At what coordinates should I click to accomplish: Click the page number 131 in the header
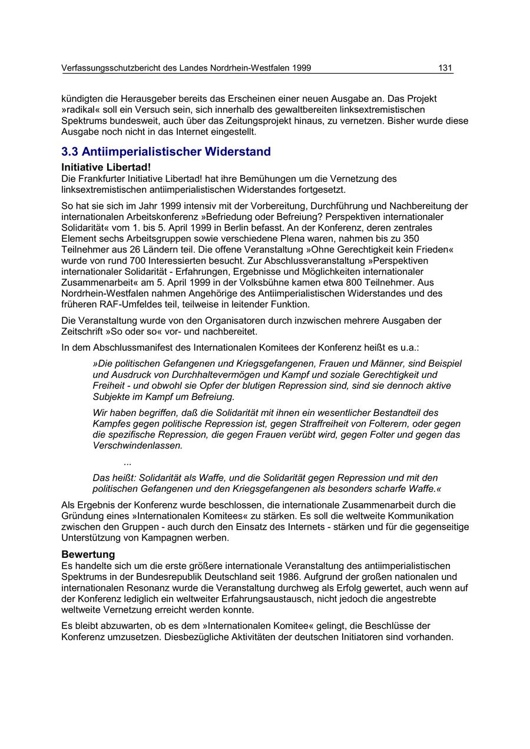tap(445, 68)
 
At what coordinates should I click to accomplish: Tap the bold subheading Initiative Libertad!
tap(106, 168)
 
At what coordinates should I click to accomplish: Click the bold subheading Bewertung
tap(88, 554)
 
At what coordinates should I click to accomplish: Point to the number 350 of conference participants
tap(411, 238)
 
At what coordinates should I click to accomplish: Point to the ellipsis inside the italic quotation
tap(128, 462)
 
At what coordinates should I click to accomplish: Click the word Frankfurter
tap(102, 178)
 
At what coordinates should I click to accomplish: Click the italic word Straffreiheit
tap(304, 424)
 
